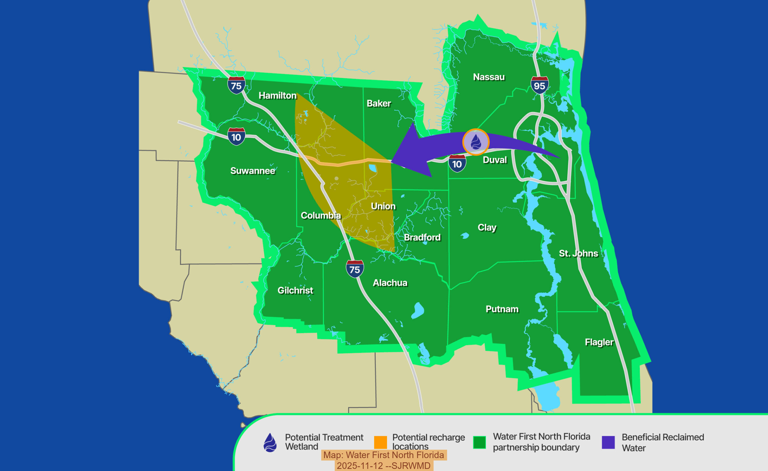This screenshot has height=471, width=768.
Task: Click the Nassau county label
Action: pos(489,77)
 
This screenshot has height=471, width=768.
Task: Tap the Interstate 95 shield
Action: pos(539,85)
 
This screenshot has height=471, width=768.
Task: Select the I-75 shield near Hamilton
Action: pos(236,85)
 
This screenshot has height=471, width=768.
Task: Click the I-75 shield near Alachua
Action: pos(355,269)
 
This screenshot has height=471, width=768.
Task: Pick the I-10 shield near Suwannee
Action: pos(236,136)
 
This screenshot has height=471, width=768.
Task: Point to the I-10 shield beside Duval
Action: pos(457,163)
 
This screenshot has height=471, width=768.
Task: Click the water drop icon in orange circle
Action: pos(475,142)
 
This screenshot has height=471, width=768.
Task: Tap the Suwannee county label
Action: pos(253,171)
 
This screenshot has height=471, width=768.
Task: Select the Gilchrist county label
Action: pos(295,290)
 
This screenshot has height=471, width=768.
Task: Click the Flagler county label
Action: pos(599,342)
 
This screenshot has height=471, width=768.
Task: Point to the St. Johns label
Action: pos(578,253)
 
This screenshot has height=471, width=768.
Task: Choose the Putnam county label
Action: pos(502,309)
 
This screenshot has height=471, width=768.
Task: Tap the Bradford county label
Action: pos(422,237)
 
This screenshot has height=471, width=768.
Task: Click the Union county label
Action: pos(383,206)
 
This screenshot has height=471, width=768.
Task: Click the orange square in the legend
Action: pos(380,442)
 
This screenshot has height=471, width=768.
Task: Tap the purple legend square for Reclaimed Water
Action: pos(608,442)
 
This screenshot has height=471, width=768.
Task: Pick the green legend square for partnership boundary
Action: pos(479,442)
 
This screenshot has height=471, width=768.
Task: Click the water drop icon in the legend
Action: pos(270,442)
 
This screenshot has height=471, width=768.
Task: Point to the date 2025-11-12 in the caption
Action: pos(360,466)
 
